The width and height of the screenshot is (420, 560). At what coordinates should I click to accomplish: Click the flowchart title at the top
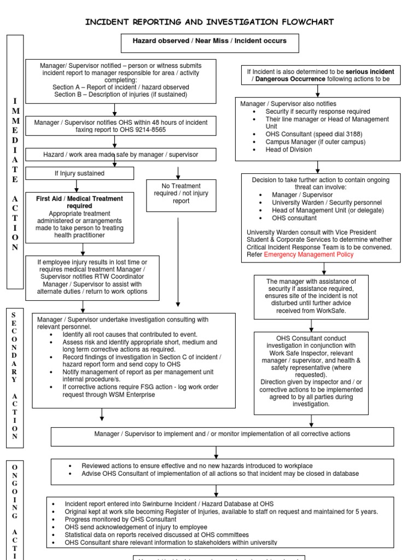pos(209,22)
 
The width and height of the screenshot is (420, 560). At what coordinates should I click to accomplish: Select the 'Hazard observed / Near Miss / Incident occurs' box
pos(209,42)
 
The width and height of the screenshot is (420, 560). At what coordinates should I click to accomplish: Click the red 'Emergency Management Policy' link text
pos(308,254)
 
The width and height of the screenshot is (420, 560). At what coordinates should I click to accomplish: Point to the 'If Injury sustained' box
pos(79,173)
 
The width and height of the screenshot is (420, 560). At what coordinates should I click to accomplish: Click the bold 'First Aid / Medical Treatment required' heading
pos(80,202)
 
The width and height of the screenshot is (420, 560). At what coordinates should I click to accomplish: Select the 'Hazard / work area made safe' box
pos(121,155)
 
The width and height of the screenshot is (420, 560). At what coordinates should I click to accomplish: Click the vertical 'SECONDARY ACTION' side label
pos(15,377)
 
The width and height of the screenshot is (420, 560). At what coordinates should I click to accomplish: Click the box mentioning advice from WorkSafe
pos(311,296)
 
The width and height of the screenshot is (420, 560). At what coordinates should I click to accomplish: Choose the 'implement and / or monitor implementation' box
pos(222,434)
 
